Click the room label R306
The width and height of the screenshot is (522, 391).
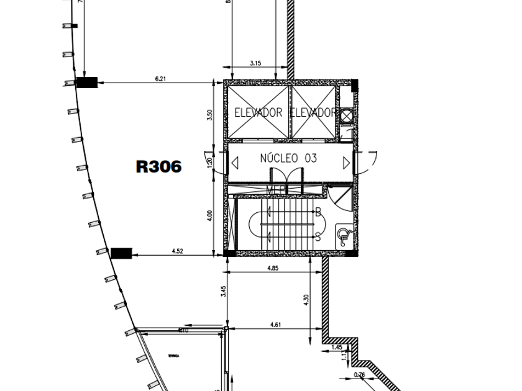pos(159,166)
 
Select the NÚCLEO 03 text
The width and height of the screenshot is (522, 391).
pos(288,158)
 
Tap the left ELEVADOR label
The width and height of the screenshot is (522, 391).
pos(258,113)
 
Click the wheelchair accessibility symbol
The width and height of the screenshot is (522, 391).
pos(343,235)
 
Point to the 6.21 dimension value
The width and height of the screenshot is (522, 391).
pos(161,78)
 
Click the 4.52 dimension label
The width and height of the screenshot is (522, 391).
pos(177,251)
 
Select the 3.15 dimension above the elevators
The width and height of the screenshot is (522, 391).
pos(255,63)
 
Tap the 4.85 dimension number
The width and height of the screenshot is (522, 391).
pos(273,268)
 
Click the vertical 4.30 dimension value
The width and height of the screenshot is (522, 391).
pos(305,299)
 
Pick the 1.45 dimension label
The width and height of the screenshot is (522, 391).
pos(337,347)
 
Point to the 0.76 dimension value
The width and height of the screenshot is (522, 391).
pos(359,374)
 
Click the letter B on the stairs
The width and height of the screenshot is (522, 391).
pos(318,212)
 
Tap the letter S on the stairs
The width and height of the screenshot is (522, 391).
pos(318,237)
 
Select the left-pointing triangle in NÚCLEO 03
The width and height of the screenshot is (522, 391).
pos(235,163)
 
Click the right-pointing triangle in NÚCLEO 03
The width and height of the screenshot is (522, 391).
pos(346,163)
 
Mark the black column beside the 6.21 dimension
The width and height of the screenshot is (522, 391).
pos(86,82)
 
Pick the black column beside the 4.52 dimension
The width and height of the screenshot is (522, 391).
pos(121,253)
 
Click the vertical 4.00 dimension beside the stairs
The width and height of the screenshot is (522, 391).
pos(210,215)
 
